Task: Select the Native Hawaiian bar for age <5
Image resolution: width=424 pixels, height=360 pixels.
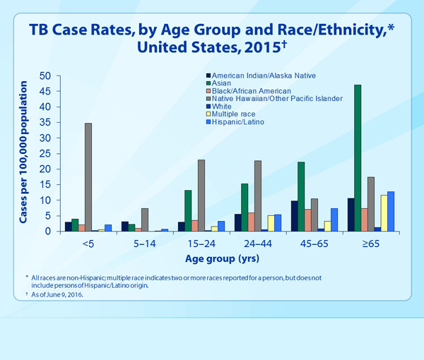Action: click(88, 177)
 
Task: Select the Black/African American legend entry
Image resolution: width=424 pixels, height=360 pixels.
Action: click(247, 90)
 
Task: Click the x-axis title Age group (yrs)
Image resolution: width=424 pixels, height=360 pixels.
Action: click(232, 258)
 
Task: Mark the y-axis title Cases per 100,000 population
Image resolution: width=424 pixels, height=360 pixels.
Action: click(23, 153)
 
